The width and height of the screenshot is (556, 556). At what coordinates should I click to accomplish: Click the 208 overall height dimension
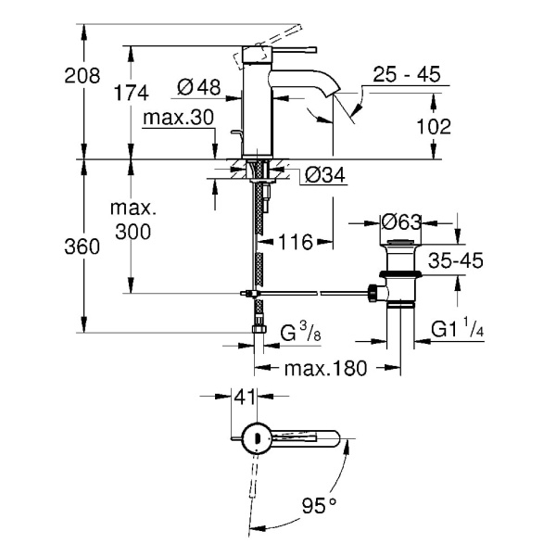pos(81,78)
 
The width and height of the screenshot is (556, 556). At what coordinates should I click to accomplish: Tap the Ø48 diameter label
pos(197,87)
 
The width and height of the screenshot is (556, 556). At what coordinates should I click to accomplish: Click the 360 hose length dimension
pos(81,247)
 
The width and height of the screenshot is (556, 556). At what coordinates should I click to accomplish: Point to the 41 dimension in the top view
pos(244,397)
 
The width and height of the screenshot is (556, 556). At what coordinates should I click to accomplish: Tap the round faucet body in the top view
pos(255,437)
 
